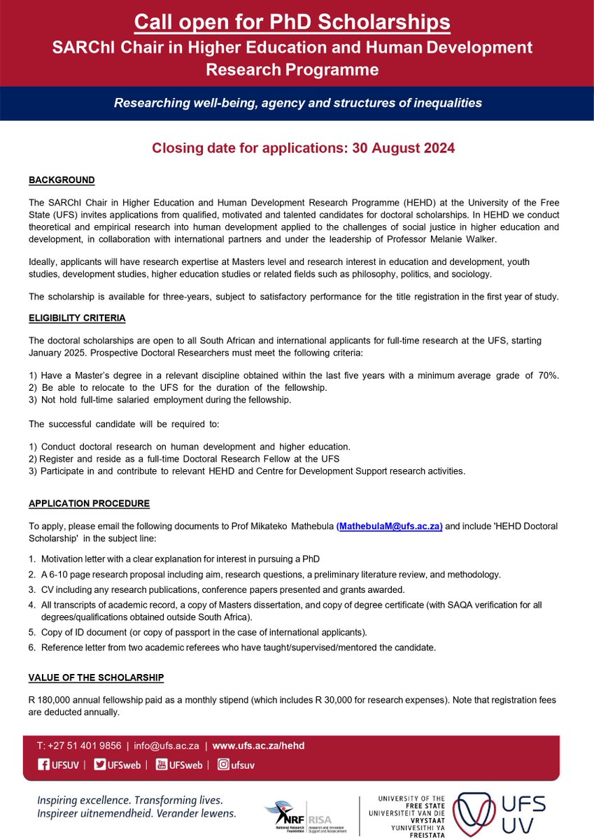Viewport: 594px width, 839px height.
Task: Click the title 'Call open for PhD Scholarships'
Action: coord(292,22)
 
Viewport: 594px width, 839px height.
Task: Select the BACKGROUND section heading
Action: coord(62,180)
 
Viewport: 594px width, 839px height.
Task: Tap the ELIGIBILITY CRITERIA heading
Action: coord(77,318)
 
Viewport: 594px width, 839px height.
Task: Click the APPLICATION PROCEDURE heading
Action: coord(89,503)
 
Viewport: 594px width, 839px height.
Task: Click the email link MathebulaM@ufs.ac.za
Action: coord(389,527)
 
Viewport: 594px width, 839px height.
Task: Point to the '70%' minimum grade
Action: coord(549,375)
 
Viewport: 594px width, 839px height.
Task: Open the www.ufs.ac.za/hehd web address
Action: coord(258,746)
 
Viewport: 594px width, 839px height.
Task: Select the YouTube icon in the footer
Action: coord(162,765)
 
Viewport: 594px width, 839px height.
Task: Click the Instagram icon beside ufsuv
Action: coord(223,765)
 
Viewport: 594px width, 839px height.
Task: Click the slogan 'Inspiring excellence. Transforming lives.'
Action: coord(130,800)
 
